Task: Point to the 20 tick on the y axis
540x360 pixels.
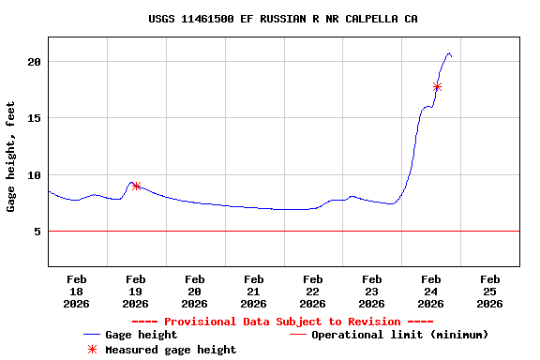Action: coord(34,62)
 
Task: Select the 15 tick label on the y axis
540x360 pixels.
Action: coord(34,118)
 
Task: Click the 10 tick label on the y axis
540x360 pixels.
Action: coord(34,175)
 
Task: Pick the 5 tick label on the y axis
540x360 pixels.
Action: coord(37,232)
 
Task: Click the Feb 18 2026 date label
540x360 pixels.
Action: coord(77,291)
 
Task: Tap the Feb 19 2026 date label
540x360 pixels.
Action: coord(136,291)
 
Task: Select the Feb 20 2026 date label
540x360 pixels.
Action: coord(195,291)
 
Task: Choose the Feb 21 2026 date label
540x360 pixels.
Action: coord(254,291)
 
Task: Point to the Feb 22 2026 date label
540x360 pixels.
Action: coord(313,291)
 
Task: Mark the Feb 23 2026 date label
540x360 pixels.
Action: coord(372,291)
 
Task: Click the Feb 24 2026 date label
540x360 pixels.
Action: coord(431,291)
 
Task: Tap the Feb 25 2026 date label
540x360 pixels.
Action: coord(489,291)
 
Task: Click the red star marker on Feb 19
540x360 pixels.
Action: coord(136,186)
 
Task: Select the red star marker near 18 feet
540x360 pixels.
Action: coord(437,86)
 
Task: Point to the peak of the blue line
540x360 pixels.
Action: coord(449,53)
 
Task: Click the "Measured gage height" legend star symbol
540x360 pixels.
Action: coord(92,350)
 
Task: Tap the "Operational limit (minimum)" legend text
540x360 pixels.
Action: coord(399,335)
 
